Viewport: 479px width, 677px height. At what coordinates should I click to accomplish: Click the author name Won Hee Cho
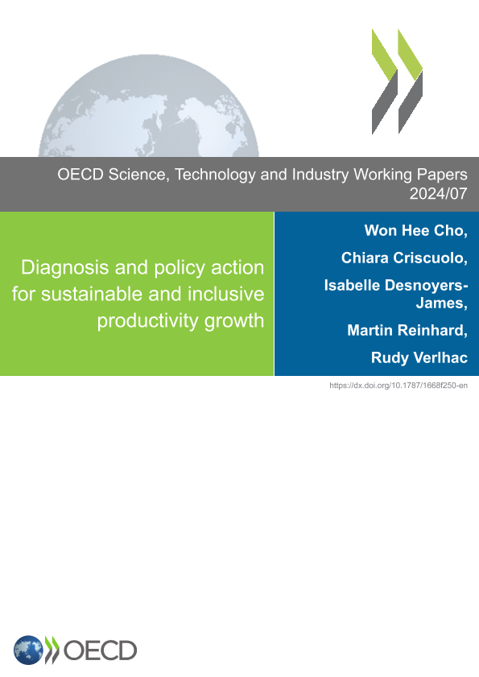tap(414, 230)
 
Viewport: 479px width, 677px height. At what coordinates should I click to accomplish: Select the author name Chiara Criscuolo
tap(402, 258)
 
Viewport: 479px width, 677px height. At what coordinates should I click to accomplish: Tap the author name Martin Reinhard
tap(405, 330)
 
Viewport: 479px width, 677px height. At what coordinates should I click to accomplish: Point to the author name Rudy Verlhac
tap(419, 357)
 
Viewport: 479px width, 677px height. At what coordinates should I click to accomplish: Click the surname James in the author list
tap(440, 303)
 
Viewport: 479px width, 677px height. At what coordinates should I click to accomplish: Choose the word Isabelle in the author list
tap(351, 286)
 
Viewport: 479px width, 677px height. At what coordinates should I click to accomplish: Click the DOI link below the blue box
tap(398, 386)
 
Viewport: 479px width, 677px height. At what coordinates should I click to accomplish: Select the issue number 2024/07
tap(439, 194)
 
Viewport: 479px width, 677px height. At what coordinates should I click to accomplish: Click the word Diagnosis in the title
tap(64, 268)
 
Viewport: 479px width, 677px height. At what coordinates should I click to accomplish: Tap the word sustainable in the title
tap(92, 294)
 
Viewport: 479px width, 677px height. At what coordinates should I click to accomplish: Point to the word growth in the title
tap(234, 321)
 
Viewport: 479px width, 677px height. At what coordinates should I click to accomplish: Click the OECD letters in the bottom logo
tap(100, 650)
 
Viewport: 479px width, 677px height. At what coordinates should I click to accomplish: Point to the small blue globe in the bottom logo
tap(28, 650)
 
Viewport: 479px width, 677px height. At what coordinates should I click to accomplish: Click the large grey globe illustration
tap(149, 105)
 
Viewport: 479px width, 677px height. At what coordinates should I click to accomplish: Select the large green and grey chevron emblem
tap(397, 81)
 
